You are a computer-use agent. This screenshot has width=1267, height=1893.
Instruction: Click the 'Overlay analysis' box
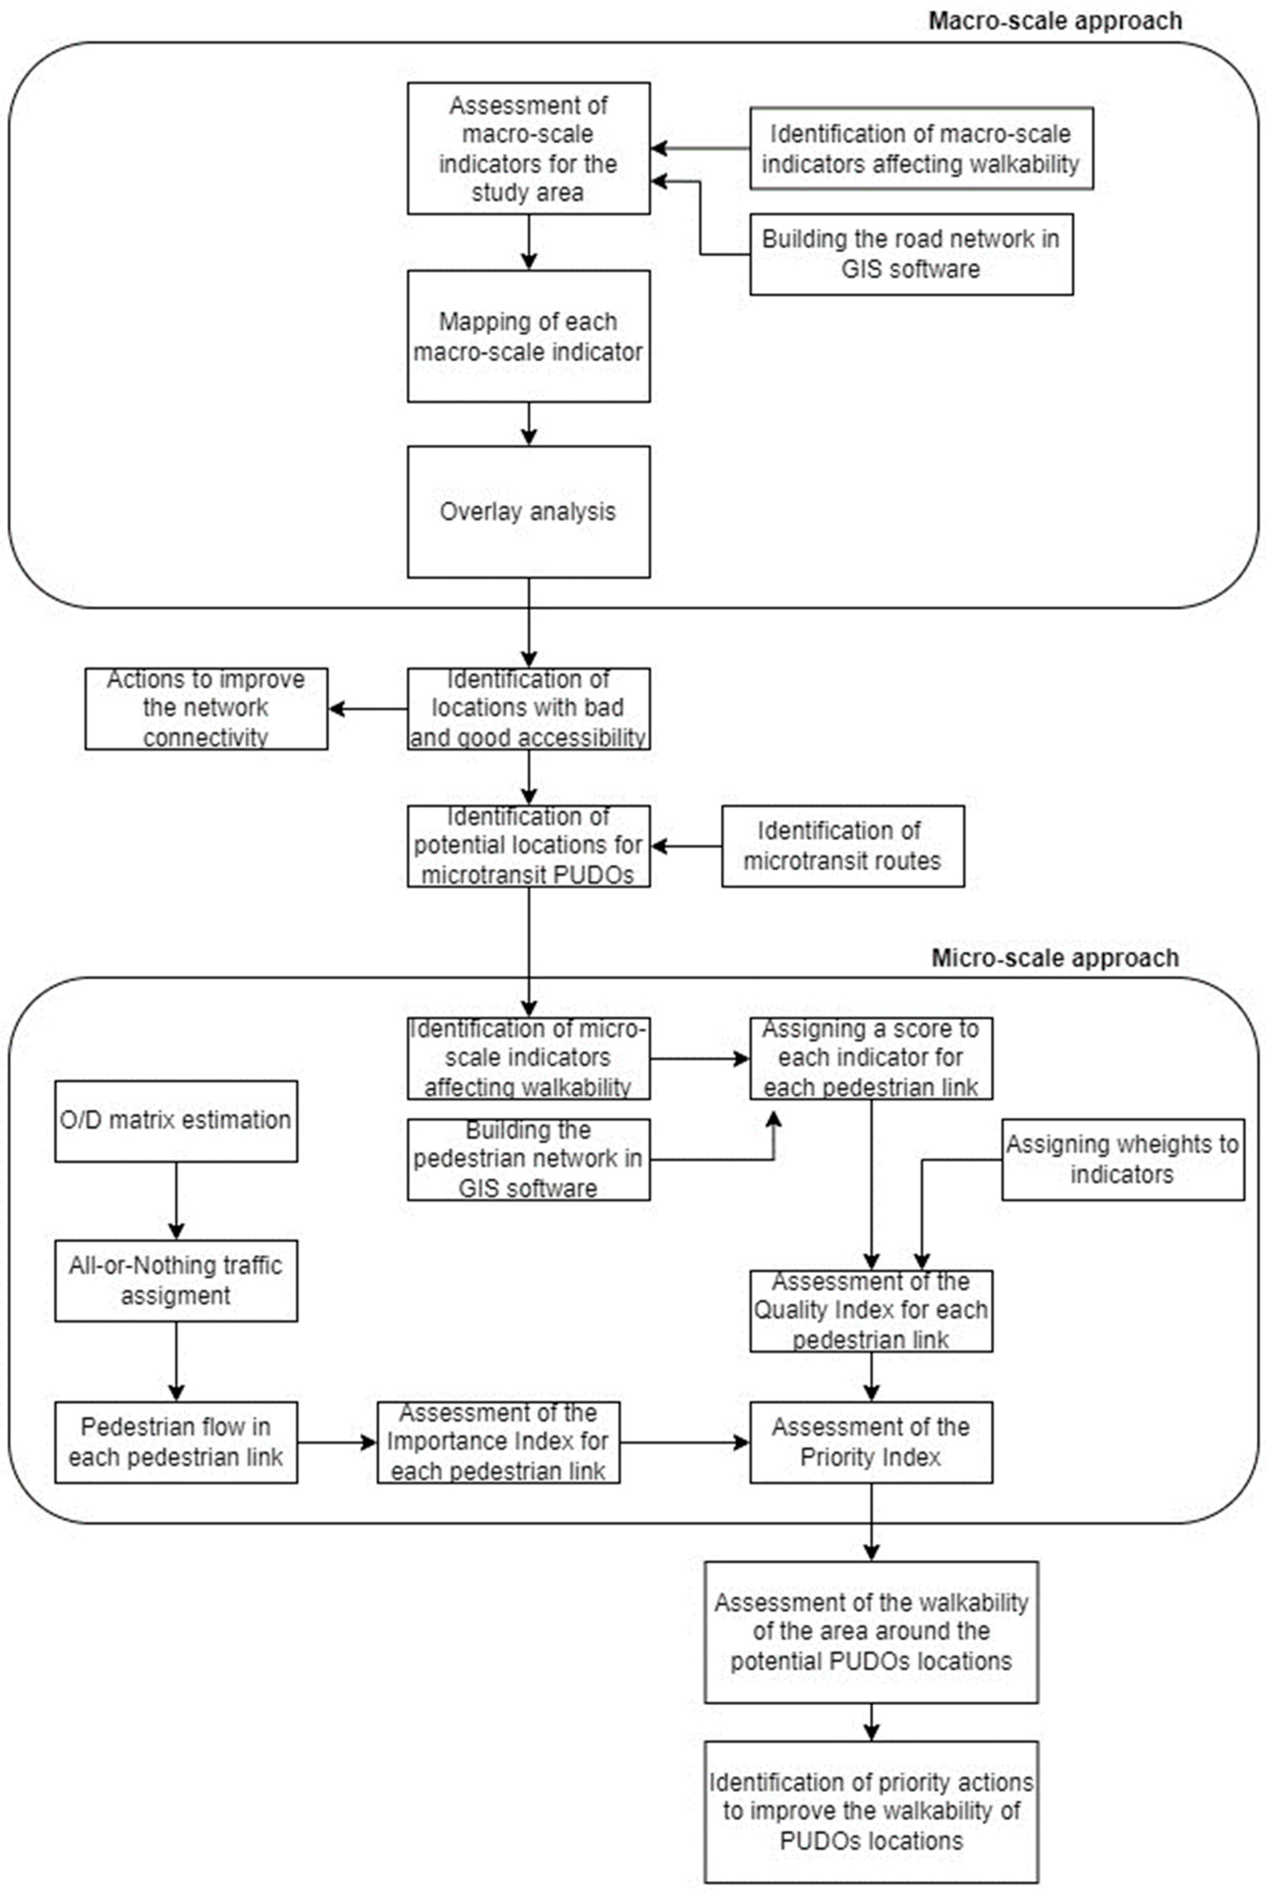point(529,511)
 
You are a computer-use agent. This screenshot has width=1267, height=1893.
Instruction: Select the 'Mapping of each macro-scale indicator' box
point(529,336)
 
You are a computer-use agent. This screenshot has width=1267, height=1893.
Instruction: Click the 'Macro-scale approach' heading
point(1055,20)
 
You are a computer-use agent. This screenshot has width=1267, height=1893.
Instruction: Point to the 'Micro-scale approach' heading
point(1055,957)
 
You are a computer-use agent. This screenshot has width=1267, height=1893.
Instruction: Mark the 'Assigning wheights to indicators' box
point(1122,1160)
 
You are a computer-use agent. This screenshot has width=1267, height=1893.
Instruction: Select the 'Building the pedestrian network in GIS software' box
point(529,1160)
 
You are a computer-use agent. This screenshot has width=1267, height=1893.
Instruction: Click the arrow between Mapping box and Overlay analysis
point(529,423)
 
